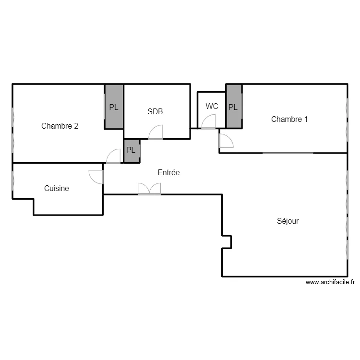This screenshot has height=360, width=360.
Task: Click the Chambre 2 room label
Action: tap(60, 126)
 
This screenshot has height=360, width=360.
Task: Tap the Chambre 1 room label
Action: tap(289, 119)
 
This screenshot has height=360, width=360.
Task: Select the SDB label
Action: tap(155, 111)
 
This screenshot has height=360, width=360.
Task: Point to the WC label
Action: tap(212, 106)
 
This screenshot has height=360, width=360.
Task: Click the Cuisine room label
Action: tap(57, 188)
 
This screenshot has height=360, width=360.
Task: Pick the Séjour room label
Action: tap(288, 221)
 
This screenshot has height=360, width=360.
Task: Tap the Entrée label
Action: tap(169, 172)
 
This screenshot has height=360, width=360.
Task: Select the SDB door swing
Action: tap(156, 132)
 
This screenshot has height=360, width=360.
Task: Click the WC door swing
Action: tap(208, 122)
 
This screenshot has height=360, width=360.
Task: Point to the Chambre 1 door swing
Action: tap(226, 141)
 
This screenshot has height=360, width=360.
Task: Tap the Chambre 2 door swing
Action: tap(113, 156)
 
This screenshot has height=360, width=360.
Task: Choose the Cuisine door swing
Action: tap(96, 177)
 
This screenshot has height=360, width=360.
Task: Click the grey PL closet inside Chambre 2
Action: tap(114, 107)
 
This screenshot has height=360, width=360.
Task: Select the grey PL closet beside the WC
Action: tap(234, 106)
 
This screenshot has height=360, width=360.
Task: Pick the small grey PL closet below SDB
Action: tap(132, 151)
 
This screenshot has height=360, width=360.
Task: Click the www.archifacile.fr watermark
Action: tap(330, 282)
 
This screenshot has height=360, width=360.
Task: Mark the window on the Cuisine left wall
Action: tap(13, 180)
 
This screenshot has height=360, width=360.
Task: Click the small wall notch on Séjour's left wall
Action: tap(227, 242)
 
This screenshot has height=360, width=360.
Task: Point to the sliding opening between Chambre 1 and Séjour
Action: tap(288, 153)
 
